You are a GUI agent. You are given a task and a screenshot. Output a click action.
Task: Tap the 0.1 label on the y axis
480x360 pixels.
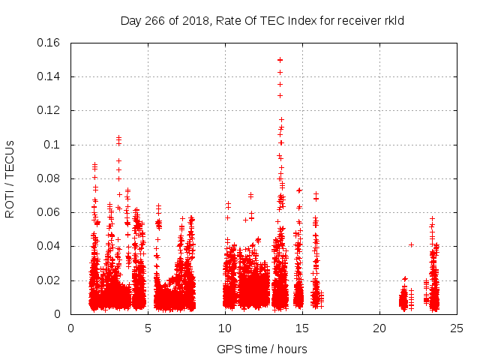(54, 145)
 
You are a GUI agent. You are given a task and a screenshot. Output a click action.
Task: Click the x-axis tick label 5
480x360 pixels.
(148, 328)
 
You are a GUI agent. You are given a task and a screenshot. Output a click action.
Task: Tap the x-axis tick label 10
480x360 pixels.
(225, 328)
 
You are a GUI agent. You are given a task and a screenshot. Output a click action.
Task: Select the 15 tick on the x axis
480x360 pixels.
(302, 328)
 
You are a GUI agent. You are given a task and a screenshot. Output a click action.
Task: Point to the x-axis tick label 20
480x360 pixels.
(379, 328)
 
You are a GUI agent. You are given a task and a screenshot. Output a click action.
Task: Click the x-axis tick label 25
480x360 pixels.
(457, 328)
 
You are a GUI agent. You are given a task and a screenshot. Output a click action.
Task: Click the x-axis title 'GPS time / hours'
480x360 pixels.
(262, 349)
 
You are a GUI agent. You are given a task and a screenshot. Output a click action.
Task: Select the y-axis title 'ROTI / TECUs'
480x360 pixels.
(10, 178)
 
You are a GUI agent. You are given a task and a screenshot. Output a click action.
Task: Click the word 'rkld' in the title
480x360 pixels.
(394, 20)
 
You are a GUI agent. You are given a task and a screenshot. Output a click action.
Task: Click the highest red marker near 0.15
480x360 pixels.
(280, 60)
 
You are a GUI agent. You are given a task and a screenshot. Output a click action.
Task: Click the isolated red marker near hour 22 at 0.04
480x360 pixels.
(411, 244)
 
